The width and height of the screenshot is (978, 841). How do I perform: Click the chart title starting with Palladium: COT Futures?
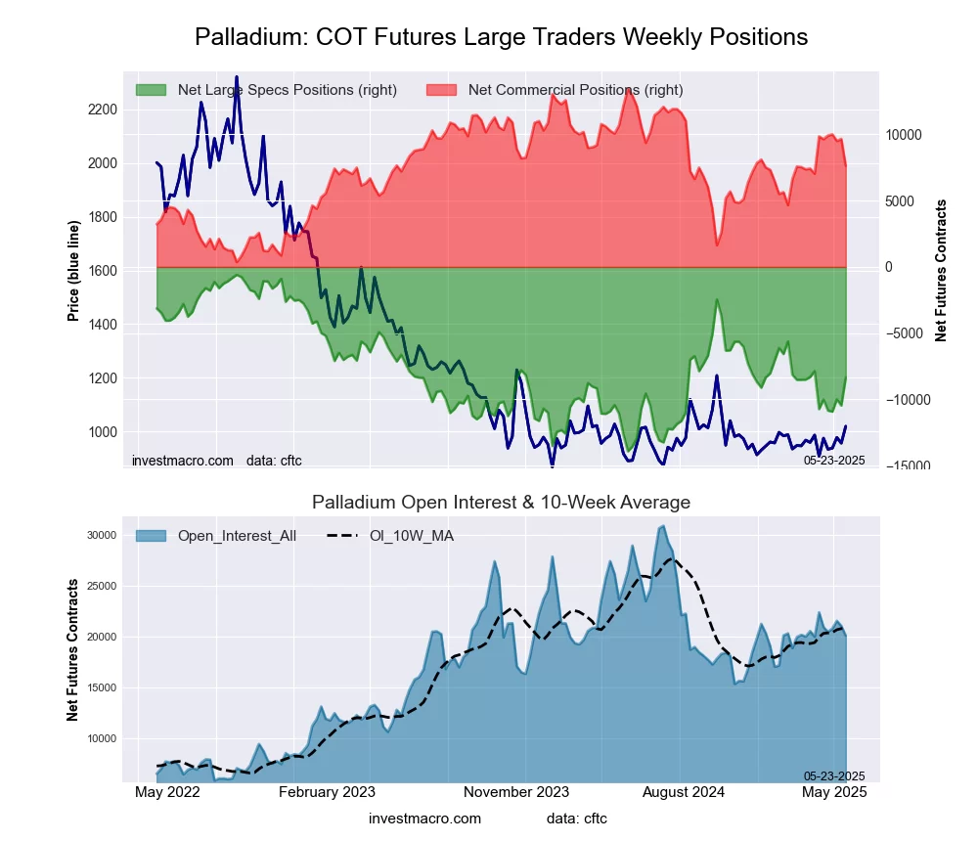point(501,37)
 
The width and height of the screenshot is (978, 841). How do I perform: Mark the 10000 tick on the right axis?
point(905,134)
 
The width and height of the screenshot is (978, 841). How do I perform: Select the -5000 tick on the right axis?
point(905,333)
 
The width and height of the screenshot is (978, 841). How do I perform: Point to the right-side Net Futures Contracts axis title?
point(942,270)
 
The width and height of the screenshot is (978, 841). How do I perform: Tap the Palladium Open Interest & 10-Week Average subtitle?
point(501,503)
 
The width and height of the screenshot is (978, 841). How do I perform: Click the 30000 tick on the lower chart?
point(101,535)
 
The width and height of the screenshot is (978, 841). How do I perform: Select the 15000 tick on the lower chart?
point(101,687)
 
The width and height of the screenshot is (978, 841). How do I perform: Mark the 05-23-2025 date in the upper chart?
point(834,460)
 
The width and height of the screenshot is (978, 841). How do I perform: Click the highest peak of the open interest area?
point(663,526)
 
